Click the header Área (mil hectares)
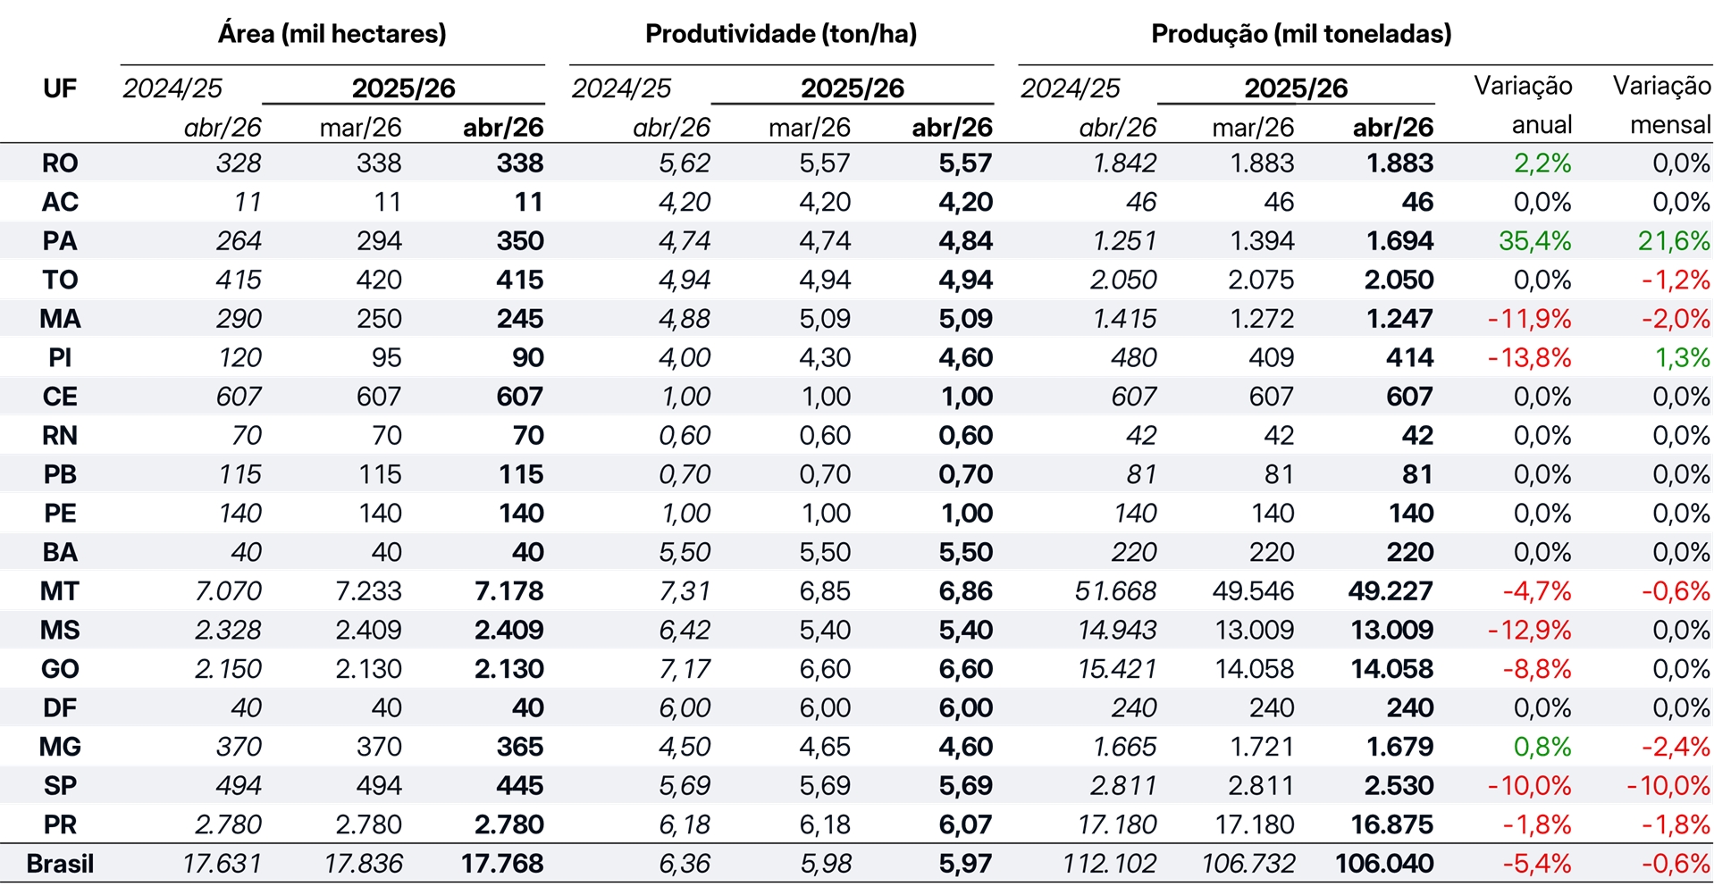[x=332, y=34]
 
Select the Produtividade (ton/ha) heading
[x=781, y=34]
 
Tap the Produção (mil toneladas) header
[x=1301, y=34]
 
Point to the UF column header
[x=60, y=88]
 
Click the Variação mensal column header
[x=1661, y=105]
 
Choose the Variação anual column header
[x=1523, y=105]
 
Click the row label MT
[x=60, y=591]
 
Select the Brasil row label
[x=60, y=864]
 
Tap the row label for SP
[x=60, y=786]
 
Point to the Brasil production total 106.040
[x=1384, y=864]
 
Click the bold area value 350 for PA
[x=520, y=241]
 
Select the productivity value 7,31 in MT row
[x=685, y=591]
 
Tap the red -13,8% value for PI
[x=1529, y=358]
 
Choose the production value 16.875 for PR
[x=1391, y=824]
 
